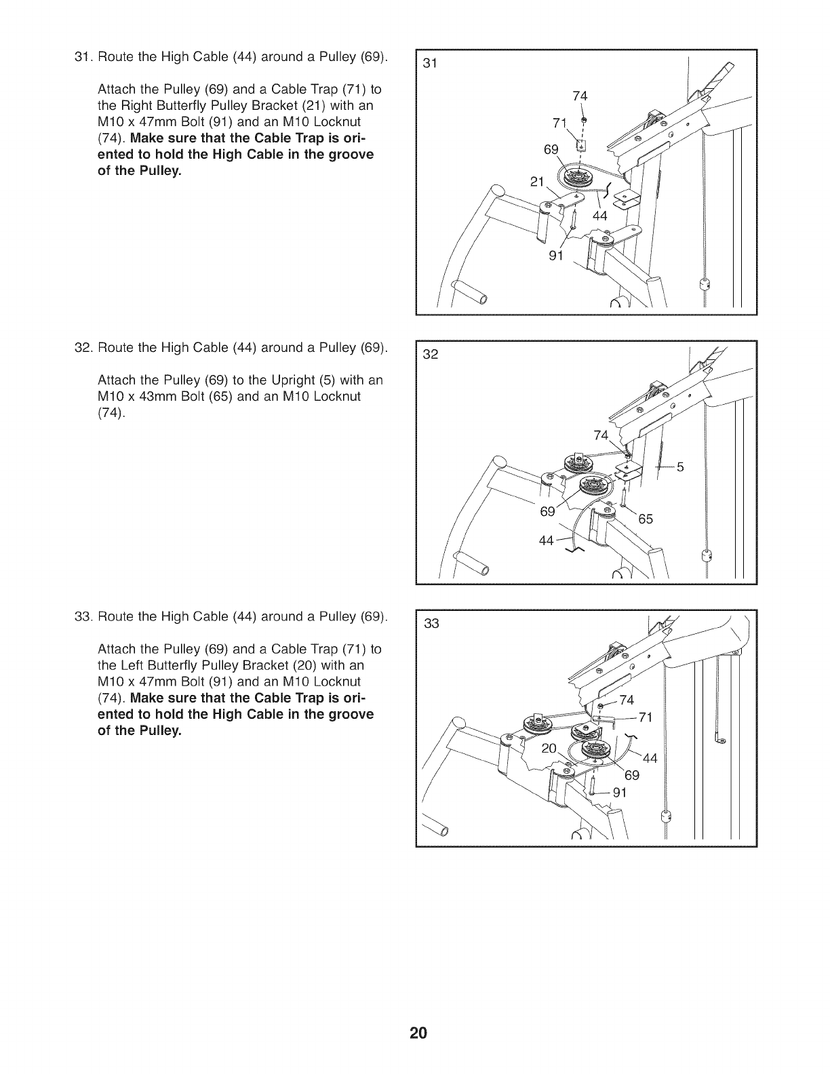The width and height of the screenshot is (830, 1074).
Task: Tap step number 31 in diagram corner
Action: (429, 64)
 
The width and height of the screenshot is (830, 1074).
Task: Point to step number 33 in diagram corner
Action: (432, 624)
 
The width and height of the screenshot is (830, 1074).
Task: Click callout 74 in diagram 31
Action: (580, 96)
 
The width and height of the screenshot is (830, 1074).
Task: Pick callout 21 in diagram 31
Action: (538, 182)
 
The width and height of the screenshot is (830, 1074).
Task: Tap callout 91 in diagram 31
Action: (557, 256)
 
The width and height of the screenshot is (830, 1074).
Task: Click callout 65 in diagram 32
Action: (645, 519)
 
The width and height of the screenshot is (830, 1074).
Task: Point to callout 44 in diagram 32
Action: (547, 540)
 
